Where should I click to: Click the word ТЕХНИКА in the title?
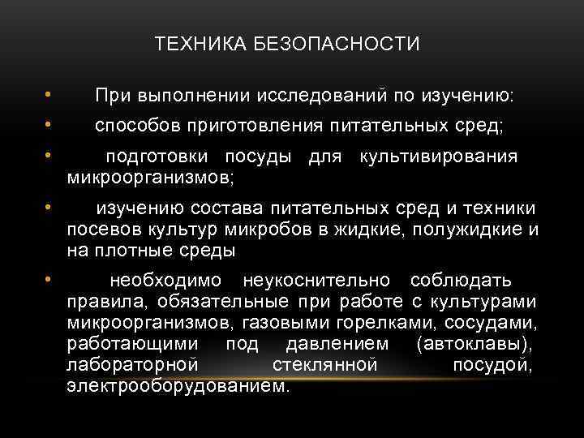coord(191,44)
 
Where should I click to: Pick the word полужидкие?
coord(467,230)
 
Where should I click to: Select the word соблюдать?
coord(461,281)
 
